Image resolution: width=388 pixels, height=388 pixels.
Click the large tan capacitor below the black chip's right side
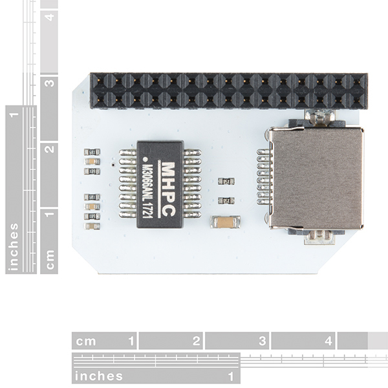[226, 222]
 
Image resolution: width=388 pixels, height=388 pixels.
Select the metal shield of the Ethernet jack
[316, 178]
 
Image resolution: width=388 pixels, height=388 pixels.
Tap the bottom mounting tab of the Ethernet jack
[319, 237]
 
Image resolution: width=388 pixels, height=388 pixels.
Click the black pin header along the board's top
[228, 90]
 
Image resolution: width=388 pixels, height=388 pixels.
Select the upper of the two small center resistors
[226, 181]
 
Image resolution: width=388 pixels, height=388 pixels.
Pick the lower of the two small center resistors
[226, 200]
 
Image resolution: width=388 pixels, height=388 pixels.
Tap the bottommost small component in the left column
[92, 226]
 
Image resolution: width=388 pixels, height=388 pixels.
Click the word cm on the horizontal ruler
[86, 341]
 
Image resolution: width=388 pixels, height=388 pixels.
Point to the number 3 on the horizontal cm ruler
[263, 341]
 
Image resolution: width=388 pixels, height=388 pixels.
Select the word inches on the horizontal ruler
[98, 376]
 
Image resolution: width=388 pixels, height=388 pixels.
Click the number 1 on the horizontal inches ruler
[230, 376]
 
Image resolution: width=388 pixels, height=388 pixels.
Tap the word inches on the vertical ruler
[14, 247]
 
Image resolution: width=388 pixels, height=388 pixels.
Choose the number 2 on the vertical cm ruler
[49, 149]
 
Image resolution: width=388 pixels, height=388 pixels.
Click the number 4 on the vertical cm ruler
[49, 17]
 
